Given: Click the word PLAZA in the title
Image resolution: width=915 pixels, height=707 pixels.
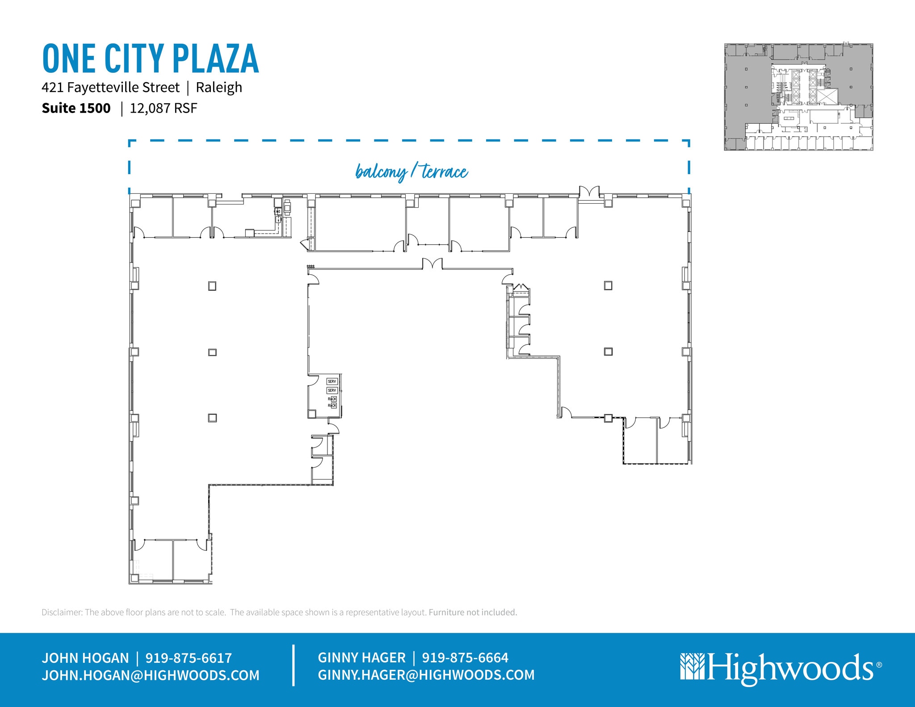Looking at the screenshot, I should (215, 59).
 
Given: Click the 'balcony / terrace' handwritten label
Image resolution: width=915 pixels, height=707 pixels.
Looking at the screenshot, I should (411, 172).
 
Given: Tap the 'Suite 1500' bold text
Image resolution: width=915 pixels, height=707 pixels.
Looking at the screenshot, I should (76, 108).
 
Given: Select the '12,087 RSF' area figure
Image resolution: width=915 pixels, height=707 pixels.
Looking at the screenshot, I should (163, 108).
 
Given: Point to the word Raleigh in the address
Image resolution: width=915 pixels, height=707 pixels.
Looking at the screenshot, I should (219, 87).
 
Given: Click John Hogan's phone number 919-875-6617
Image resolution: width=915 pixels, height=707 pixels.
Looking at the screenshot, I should (189, 658).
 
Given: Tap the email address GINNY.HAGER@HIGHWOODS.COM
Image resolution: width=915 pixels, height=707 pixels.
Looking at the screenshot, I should (426, 675).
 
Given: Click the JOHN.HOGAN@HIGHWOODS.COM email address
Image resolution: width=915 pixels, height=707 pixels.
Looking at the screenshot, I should (151, 675).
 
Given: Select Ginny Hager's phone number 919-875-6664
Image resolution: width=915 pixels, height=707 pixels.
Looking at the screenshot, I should (465, 657).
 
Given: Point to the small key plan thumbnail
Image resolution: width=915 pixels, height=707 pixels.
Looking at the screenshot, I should (798, 97).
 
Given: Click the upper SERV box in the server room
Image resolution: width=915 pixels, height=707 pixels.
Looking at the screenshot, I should (332, 381).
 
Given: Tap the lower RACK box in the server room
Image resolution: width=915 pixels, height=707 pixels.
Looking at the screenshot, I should (332, 406).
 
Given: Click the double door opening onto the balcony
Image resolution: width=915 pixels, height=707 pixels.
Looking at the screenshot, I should (589, 192).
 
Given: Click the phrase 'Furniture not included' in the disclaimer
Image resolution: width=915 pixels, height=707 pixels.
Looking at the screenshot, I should (473, 612).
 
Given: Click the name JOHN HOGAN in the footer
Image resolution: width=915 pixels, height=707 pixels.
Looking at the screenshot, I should (85, 658).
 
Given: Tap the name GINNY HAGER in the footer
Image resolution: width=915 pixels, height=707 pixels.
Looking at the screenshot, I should (361, 657).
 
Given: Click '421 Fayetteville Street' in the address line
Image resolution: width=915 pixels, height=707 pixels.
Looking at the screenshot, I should (110, 87).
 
